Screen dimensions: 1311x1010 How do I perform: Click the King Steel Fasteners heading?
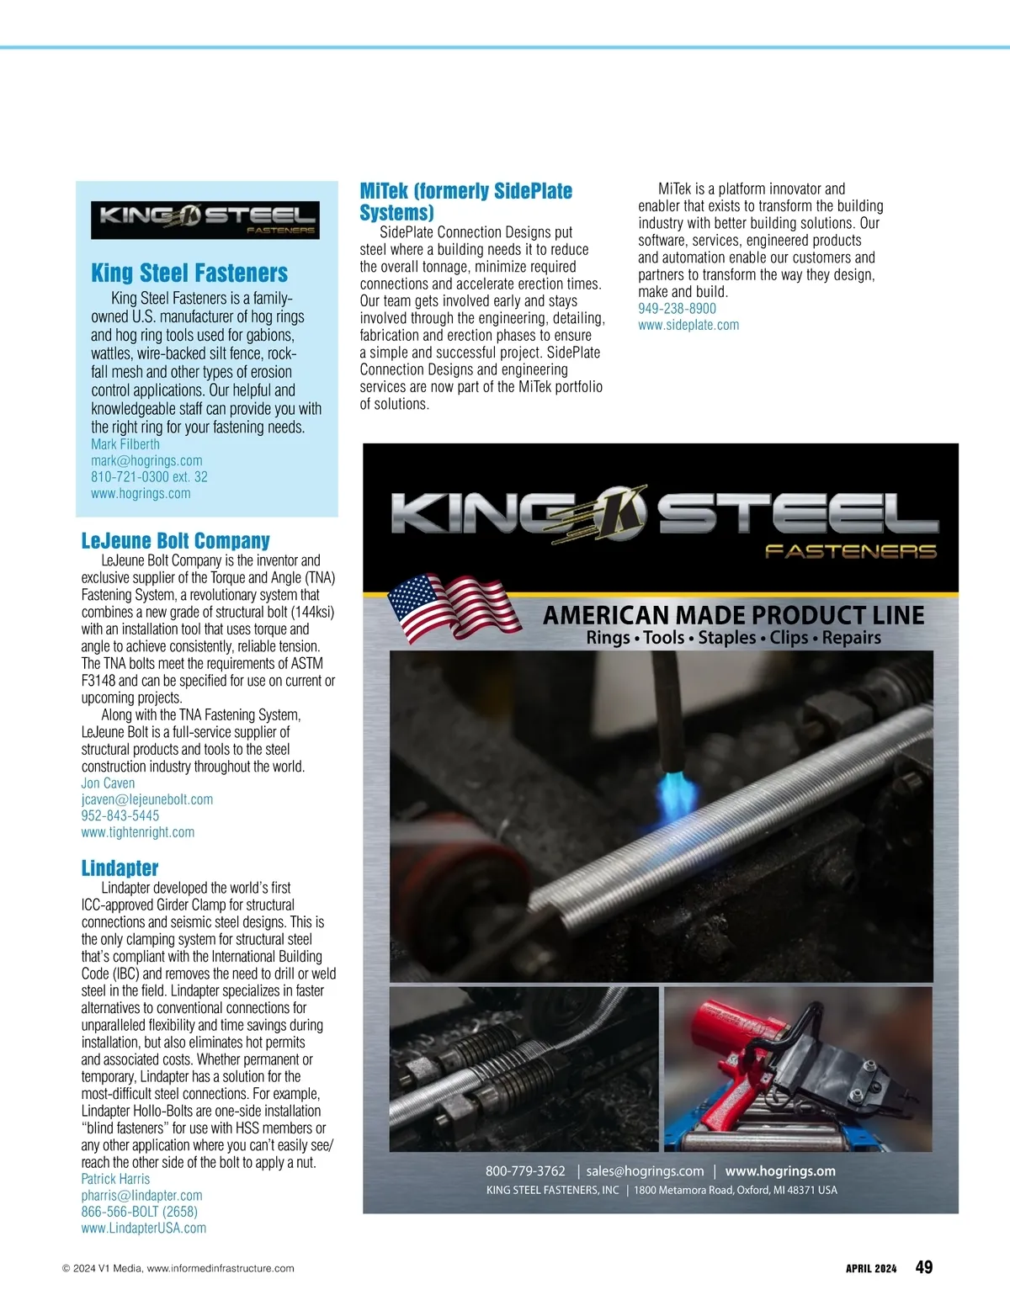(x=189, y=273)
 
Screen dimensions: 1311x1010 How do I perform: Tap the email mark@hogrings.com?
(x=146, y=460)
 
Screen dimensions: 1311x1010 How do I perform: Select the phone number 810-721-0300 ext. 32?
(x=149, y=476)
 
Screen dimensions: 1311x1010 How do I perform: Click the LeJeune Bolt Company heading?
(x=175, y=540)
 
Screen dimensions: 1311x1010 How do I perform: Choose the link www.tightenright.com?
(x=137, y=832)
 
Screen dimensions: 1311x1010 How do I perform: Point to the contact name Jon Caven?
(x=108, y=783)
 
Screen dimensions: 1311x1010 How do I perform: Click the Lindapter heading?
(x=120, y=868)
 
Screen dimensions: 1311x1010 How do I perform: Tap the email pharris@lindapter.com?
(x=141, y=1195)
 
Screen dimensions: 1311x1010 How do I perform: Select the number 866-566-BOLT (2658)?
(x=139, y=1212)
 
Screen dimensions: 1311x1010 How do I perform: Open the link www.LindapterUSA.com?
(x=143, y=1228)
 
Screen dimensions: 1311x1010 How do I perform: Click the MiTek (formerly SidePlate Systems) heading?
(x=465, y=201)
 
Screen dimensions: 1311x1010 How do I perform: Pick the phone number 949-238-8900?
(x=677, y=308)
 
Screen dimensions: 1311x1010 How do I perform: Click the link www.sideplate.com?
(x=688, y=325)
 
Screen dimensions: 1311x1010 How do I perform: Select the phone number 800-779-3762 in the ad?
(x=525, y=1170)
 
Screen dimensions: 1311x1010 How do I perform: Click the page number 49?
(x=923, y=1267)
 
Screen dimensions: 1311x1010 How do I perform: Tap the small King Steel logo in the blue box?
(x=205, y=220)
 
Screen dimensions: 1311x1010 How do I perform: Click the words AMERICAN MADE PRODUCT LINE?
(x=733, y=615)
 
